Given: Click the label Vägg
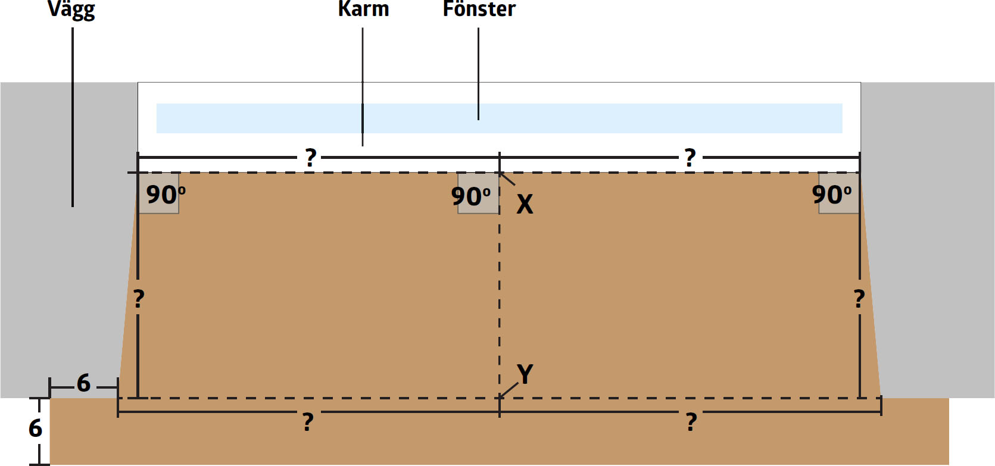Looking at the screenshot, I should point(71,10).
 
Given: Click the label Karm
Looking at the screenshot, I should point(363,9).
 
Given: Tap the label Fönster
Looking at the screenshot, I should point(479,9).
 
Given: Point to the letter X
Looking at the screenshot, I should point(525,204).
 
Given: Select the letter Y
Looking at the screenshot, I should point(525,374).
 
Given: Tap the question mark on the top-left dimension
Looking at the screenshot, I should point(310,158).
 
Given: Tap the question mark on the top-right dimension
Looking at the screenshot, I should point(690,158).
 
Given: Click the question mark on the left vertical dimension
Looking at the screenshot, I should point(139,298).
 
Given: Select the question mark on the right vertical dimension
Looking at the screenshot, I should point(859,298).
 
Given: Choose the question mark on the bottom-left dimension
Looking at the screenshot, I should point(308,422).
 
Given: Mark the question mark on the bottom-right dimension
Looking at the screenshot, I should point(691,422).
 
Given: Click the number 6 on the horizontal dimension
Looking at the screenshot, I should point(83,383).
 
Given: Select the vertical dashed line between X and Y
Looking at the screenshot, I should point(500,286).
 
